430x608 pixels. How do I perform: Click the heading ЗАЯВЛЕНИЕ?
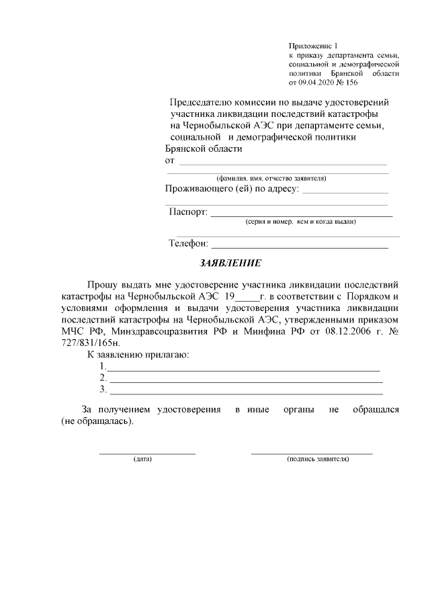pos(230,263)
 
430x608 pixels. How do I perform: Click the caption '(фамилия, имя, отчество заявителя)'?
pos(271,179)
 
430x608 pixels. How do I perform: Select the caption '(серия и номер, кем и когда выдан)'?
pos(300,221)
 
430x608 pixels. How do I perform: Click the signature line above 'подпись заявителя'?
pos(312,453)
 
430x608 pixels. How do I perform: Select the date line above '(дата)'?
pos(147,453)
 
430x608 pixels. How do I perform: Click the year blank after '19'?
pos(248,298)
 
